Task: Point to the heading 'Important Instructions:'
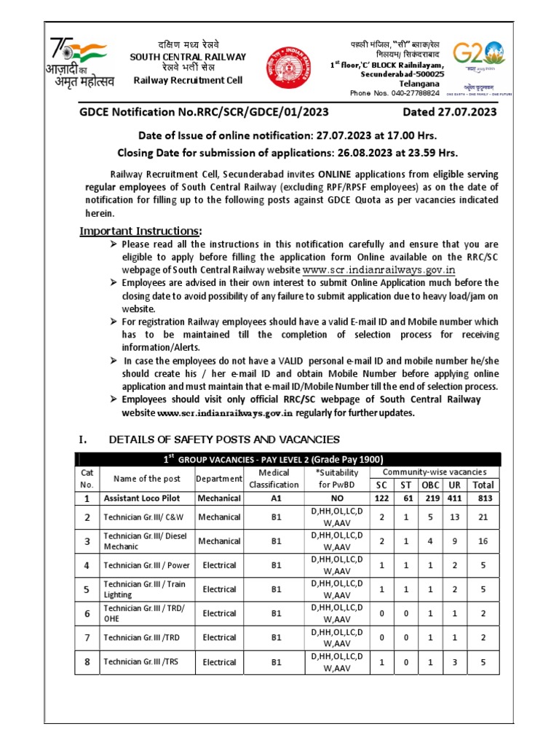(x=140, y=231)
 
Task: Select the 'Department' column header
(x=219, y=479)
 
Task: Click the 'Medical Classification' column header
(x=274, y=479)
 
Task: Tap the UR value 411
(x=455, y=499)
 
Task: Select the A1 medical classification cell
(x=275, y=499)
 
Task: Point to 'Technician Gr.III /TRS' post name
(x=139, y=663)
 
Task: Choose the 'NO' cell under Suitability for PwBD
(x=336, y=499)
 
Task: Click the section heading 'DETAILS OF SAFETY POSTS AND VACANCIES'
(x=224, y=439)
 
